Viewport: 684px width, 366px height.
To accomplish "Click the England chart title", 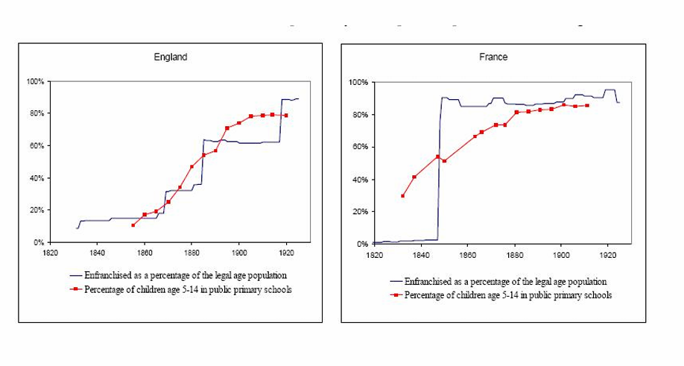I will click(170, 57).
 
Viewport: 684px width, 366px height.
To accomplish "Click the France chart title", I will click(493, 57).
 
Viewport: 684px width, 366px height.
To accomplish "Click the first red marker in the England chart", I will click(133, 225).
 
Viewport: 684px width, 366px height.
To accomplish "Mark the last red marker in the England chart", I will click(286, 116).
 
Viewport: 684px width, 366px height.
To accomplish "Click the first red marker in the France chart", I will click(402, 196).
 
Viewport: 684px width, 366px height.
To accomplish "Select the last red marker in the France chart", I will click(587, 106).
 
